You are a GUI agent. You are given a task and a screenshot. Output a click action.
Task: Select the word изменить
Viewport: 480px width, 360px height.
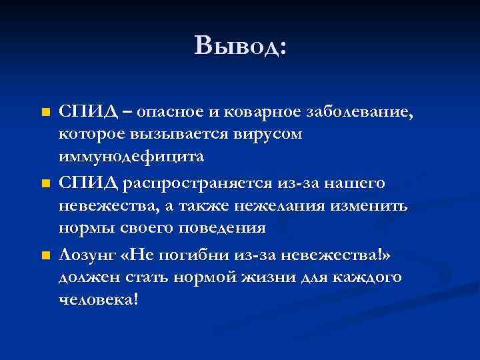376,205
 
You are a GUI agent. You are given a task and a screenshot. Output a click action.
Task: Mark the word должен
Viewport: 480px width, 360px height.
85,277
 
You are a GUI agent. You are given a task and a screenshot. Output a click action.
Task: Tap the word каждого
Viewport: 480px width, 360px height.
371,277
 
